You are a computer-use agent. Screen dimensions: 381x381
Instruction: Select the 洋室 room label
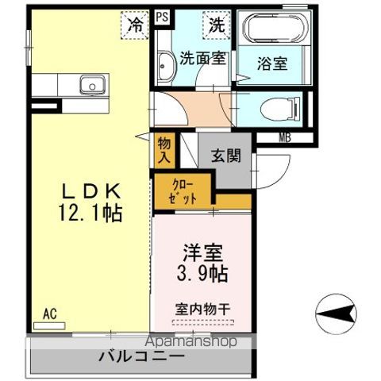pos(202,254)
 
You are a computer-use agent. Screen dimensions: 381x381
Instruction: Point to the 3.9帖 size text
pos(202,275)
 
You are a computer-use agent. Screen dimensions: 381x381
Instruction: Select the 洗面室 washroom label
pos(202,58)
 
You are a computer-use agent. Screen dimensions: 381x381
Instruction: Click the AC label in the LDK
pos(50,314)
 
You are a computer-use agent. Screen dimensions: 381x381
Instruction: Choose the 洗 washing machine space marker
pos(216,25)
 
